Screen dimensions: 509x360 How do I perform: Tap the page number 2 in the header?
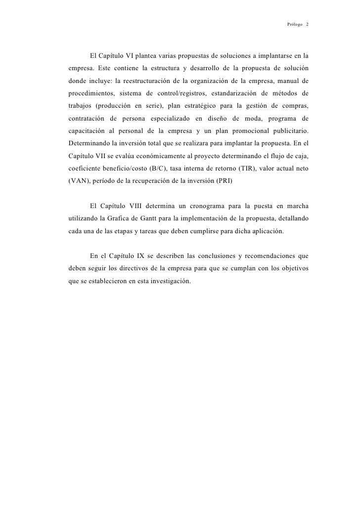(307, 24)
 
